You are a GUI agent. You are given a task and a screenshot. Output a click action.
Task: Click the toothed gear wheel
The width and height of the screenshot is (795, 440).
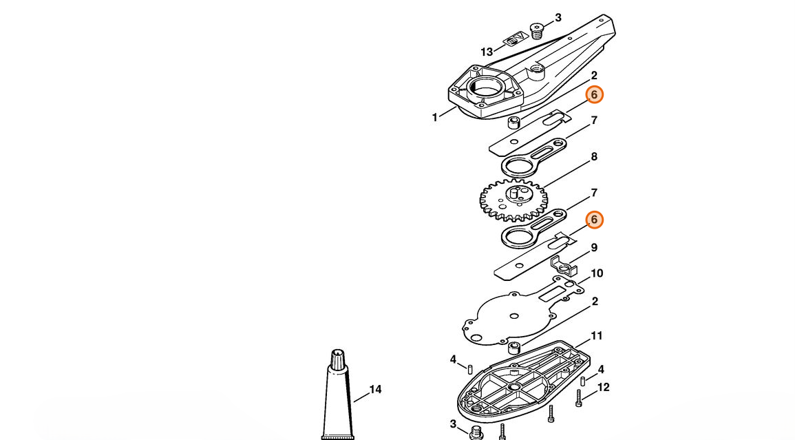[x=513, y=200]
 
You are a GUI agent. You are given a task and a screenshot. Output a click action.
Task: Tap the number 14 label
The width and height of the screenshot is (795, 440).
[x=375, y=389]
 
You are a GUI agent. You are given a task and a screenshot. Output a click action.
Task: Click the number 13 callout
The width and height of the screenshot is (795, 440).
[x=486, y=52]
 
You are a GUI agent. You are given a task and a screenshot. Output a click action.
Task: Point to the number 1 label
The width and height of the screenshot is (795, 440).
[x=434, y=118]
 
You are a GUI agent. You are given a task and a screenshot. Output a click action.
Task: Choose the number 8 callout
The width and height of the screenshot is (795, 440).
[x=594, y=157]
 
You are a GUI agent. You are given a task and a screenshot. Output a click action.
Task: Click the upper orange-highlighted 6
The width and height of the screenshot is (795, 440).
[x=594, y=94]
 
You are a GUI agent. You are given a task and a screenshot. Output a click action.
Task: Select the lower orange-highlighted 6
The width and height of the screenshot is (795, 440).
[x=594, y=220]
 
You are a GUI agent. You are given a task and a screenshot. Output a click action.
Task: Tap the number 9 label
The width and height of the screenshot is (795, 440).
[x=594, y=248]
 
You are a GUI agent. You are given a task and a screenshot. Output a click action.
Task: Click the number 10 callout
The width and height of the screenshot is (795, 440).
[x=597, y=273]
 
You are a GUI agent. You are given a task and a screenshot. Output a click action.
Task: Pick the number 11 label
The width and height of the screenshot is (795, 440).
[x=597, y=336]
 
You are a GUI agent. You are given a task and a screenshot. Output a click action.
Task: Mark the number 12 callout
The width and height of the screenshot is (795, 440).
[x=604, y=387]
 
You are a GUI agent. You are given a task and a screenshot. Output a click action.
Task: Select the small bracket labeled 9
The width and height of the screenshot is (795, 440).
[x=563, y=266]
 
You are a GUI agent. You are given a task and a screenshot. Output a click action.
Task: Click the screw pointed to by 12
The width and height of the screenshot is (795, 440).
[x=578, y=399]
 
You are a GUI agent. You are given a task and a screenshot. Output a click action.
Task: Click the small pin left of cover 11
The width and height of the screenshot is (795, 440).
[x=470, y=368]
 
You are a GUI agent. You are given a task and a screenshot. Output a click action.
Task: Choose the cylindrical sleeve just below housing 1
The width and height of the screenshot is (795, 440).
[x=515, y=123]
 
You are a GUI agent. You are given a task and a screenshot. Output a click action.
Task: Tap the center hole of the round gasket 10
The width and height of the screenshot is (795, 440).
[x=514, y=316]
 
